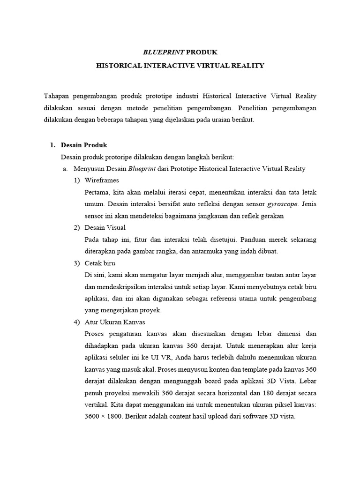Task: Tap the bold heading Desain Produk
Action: [x=84, y=145]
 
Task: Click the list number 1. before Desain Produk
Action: [x=53, y=145]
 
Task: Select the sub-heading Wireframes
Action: [x=102, y=180]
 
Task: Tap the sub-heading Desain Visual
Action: [x=105, y=227]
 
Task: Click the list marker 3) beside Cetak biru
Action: [x=76, y=263]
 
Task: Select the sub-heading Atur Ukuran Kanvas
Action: [x=115, y=322]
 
